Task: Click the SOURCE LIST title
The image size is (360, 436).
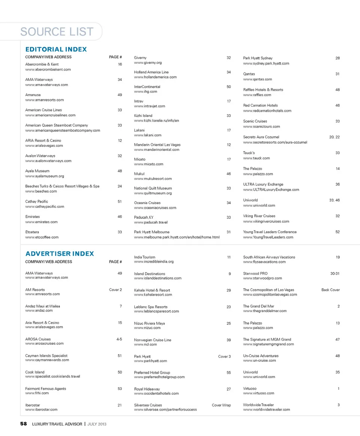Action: [x=57, y=32]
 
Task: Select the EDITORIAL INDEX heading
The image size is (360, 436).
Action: [x=56, y=49]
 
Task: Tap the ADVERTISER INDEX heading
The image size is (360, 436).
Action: [x=60, y=254]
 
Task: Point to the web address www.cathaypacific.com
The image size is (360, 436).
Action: [x=45, y=206]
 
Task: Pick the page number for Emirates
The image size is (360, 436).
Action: [x=119, y=216]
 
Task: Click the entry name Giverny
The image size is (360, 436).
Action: [x=140, y=58]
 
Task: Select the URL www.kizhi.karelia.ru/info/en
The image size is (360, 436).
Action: [x=156, y=120]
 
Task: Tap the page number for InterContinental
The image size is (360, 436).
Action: [x=229, y=87]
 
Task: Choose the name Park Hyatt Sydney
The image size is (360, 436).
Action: [x=258, y=58]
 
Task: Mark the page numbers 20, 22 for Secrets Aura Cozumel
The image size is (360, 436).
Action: [x=334, y=137]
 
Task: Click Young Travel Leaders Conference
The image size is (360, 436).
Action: [x=270, y=232]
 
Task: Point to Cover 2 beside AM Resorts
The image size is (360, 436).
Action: [x=115, y=290]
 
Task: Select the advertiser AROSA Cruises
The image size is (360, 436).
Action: [x=38, y=339]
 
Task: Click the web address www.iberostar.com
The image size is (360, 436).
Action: [x=41, y=410]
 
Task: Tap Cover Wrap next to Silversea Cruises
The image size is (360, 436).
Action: [x=221, y=405]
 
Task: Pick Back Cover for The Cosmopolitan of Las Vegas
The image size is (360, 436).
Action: [x=330, y=290]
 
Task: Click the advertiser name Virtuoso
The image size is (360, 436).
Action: [x=250, y=389]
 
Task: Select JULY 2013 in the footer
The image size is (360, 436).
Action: [x=97, y=424]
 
